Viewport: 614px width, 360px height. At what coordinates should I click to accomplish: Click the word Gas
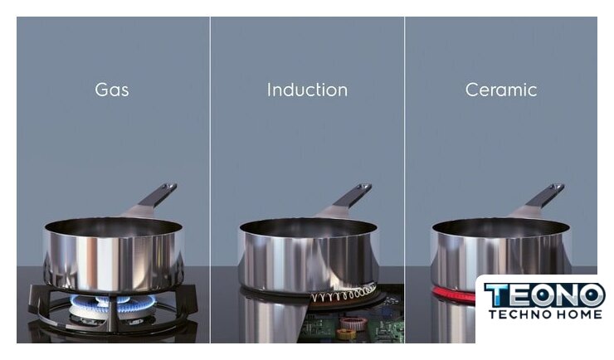(x=112, y=90)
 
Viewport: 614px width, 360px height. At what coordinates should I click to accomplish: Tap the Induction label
(x=307, y=90)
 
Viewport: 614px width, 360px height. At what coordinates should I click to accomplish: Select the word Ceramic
(x=501, y=90)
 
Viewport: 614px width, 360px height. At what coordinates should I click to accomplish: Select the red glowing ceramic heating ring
(x=454, y=294)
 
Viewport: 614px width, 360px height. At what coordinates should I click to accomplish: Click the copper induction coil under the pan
(x=344, y=294)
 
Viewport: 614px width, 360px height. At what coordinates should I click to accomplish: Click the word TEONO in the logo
(x=544, y=296)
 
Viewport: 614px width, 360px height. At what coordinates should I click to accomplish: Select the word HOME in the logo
(x=578, y=314)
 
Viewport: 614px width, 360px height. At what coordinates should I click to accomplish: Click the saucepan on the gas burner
(x=113, y=255)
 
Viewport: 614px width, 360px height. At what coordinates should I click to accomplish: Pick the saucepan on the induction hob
(x=308, y=255)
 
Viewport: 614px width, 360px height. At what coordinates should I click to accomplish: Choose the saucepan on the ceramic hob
(x=500, y=255)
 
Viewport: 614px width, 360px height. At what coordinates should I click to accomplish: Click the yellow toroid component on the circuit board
(x=346, y=333)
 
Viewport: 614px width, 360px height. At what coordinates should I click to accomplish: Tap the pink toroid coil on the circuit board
(x=353, y=323)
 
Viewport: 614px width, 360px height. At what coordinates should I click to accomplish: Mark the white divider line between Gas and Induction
(x=210, y=180)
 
